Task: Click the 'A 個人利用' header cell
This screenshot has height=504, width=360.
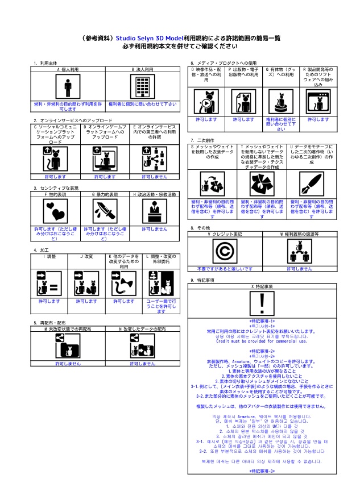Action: click(x=68, y=69)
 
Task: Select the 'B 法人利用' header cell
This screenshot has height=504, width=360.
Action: click(x=142, y=69)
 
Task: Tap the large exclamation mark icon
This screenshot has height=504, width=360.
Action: click(x=260, y=303)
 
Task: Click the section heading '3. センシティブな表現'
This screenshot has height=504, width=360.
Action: click(x=56, y=188)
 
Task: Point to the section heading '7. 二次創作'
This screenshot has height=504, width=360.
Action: click(x=202, y=140)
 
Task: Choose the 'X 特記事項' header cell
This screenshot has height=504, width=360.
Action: click(x=260, y=286)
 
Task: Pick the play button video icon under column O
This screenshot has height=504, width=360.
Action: click(x=205, y=102)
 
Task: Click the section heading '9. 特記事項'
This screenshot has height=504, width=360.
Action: click(x=204, y=280)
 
